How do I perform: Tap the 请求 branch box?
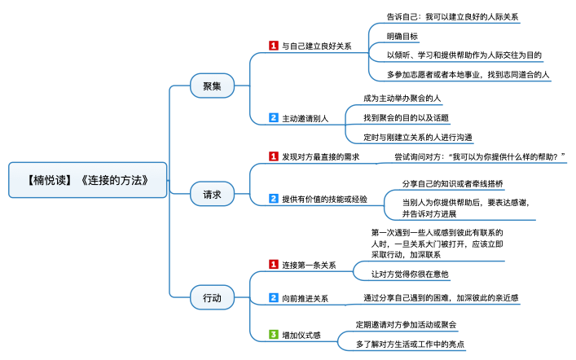pyautogui.click(x=212, y=194)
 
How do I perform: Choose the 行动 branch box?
pyautogui.click(x=212, y=299)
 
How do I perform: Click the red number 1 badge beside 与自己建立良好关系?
pyautogui.click(x=274, y=46)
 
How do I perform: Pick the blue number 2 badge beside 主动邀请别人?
pyautogui.click(x=274, y=118)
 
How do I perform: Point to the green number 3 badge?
pyautogui.click(x=274, y=334)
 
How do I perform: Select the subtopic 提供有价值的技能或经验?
pyautogui.click(x=324, y=199)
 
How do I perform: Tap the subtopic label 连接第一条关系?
pyautogui.click(x=309, y=265)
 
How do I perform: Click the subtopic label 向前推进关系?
pyautogui.click(x=305, y=299)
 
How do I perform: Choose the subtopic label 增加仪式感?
pyautogui.click(x=301, y=334)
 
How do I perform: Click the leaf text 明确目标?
pyautogui.click(x=403, y=36)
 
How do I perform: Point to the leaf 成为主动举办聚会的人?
pyautogui.click(x=402, y=98)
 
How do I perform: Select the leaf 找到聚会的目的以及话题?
pyautogui.click(x=406, y=117)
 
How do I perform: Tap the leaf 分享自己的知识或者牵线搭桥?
pyautogui.click(x=453, y=184)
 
